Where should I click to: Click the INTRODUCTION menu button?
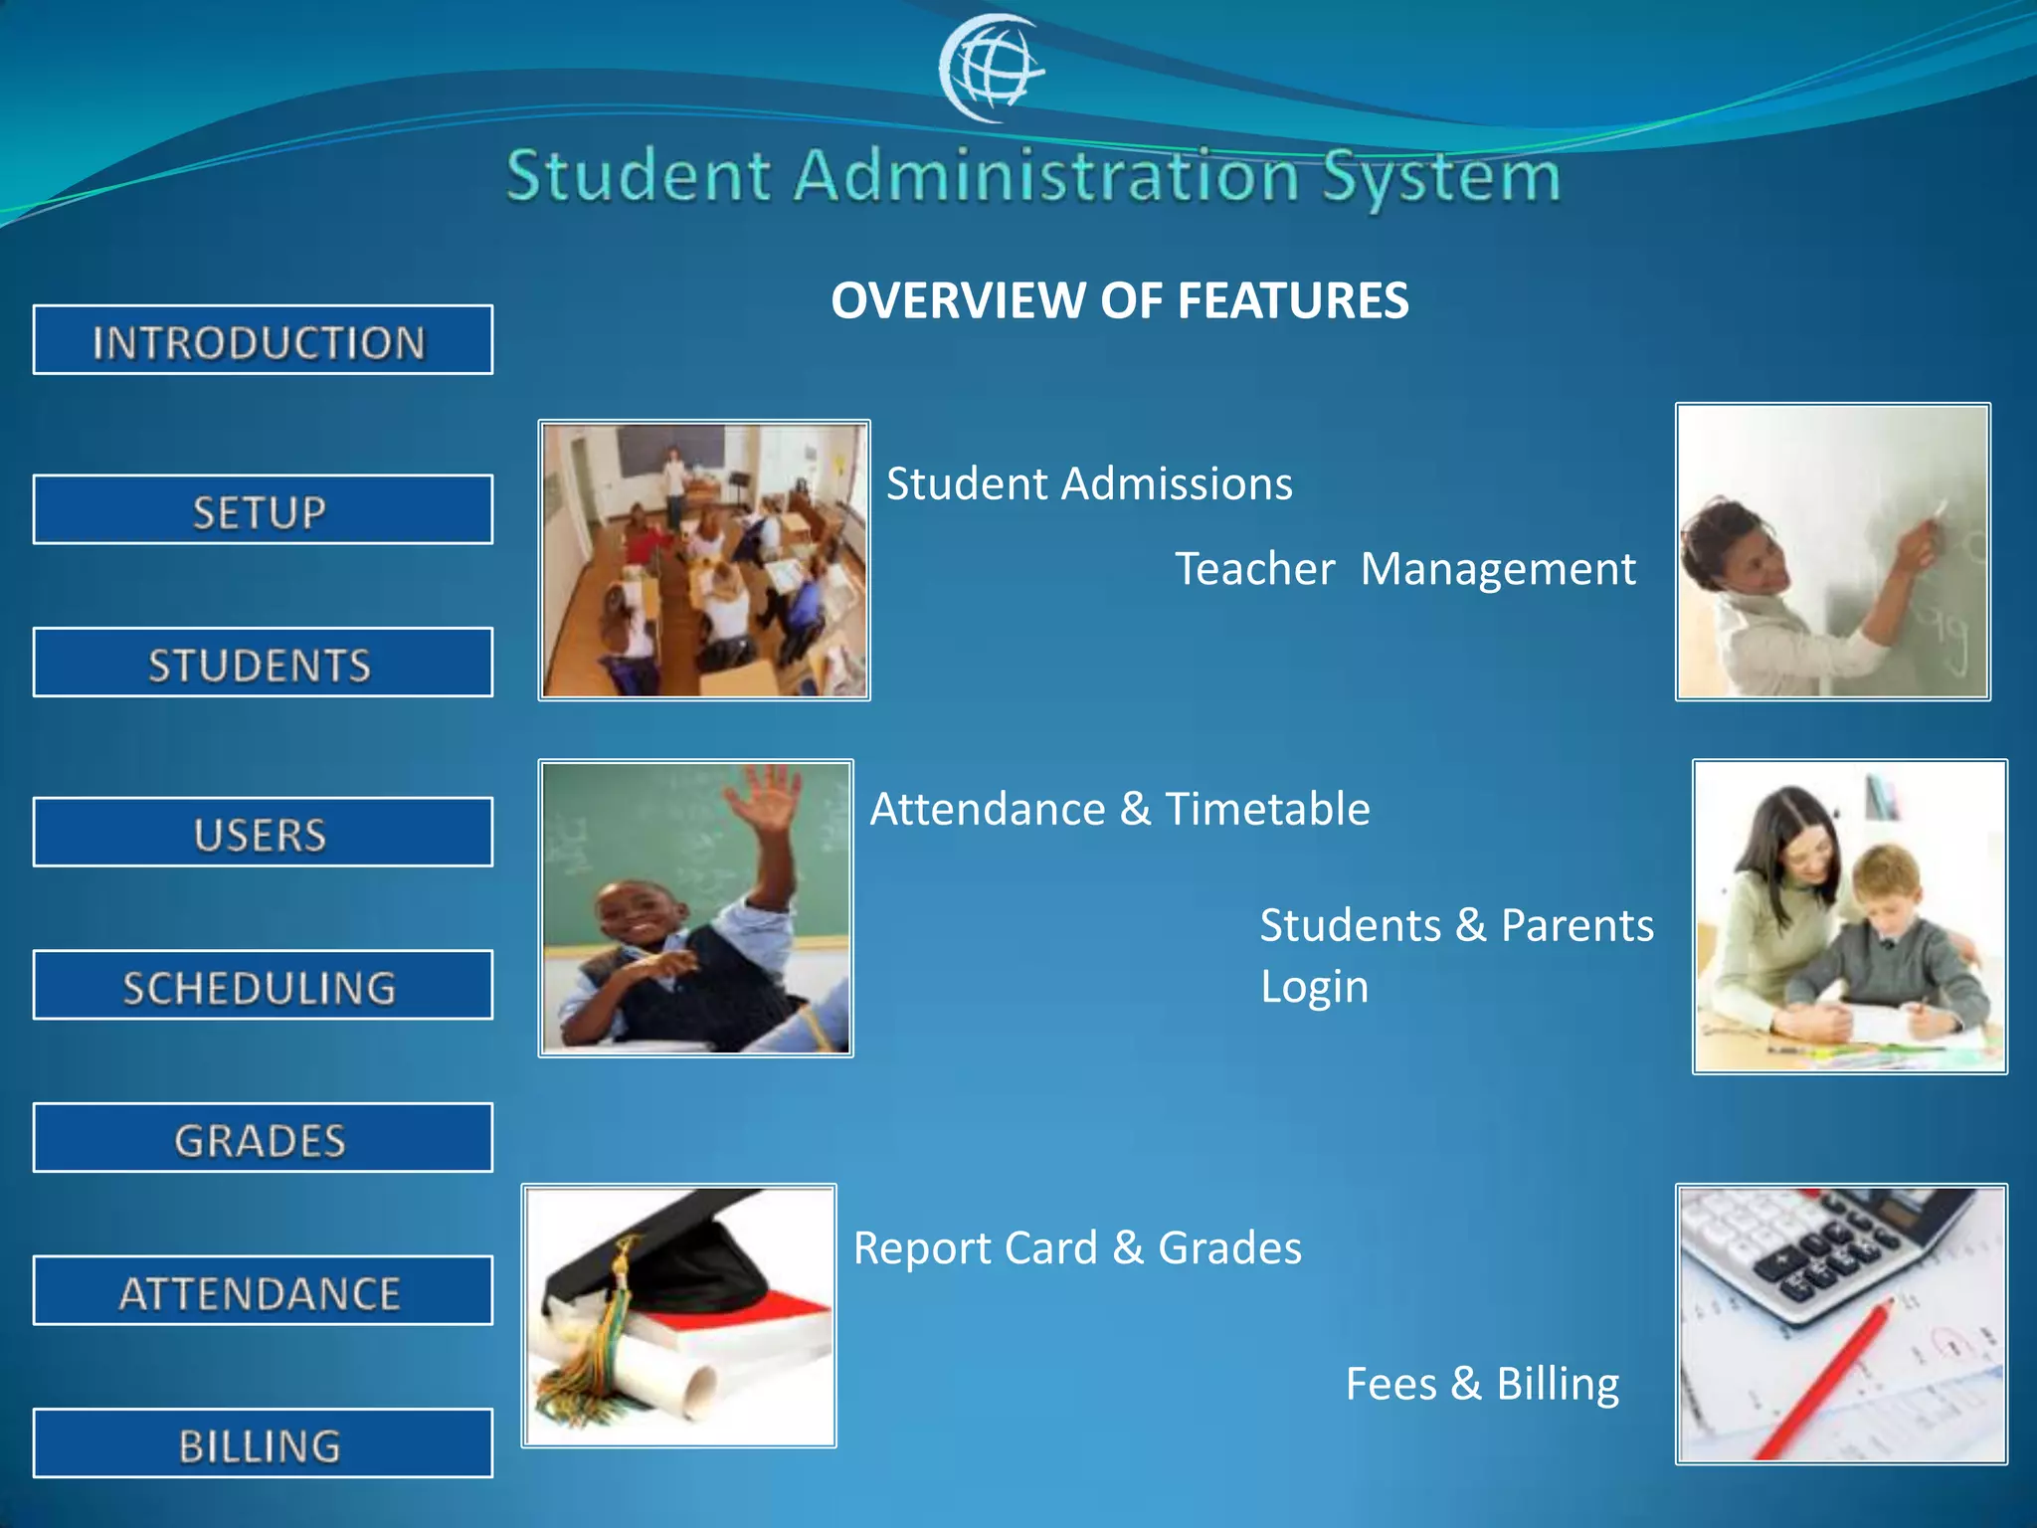(x=263, y=340)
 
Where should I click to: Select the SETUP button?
(x=263, y=510)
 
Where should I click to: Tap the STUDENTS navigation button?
(x=263, y=663)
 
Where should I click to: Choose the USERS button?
(x=263, y=833)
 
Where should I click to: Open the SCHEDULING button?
(x=263, y=986)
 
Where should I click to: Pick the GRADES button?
(x=263, y=1138)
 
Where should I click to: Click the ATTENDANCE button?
(x=263, y=1291)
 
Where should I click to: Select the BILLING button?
(x=263, y=1443)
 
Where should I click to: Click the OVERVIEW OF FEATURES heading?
(x=1119, y=300)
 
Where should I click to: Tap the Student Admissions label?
(x=1089, y=484)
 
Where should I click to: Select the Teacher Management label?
(x=1404, y=569)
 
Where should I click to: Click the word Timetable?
(x=1267, y=809)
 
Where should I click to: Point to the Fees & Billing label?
(x=1482, y=1384)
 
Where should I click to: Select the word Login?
(x=1314, y=987)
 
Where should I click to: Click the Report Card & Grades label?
(x=1077, y=1248)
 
